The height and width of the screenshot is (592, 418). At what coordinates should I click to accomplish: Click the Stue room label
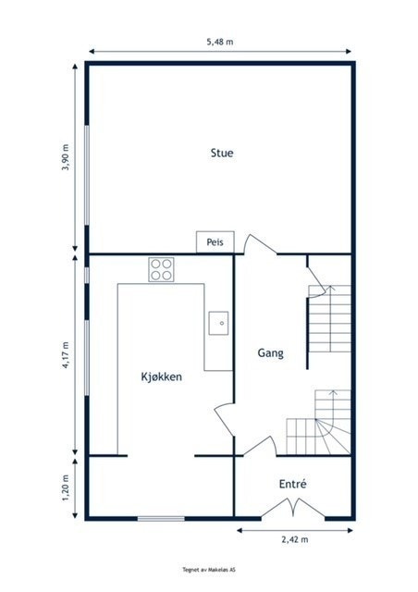[221, 154]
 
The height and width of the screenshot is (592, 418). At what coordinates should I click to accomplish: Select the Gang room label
[270, 353]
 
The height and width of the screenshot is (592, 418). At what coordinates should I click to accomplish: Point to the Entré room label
[292, 484]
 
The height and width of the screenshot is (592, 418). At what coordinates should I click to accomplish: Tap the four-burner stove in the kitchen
[162, 269]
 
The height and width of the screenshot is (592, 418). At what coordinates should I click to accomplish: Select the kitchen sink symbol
[219, 322]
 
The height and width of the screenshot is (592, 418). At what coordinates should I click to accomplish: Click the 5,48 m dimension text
[219, 42]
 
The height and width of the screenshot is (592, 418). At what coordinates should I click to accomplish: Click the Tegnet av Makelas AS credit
[209, 571]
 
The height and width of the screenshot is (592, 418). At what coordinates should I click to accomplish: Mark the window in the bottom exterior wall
[161, 518]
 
